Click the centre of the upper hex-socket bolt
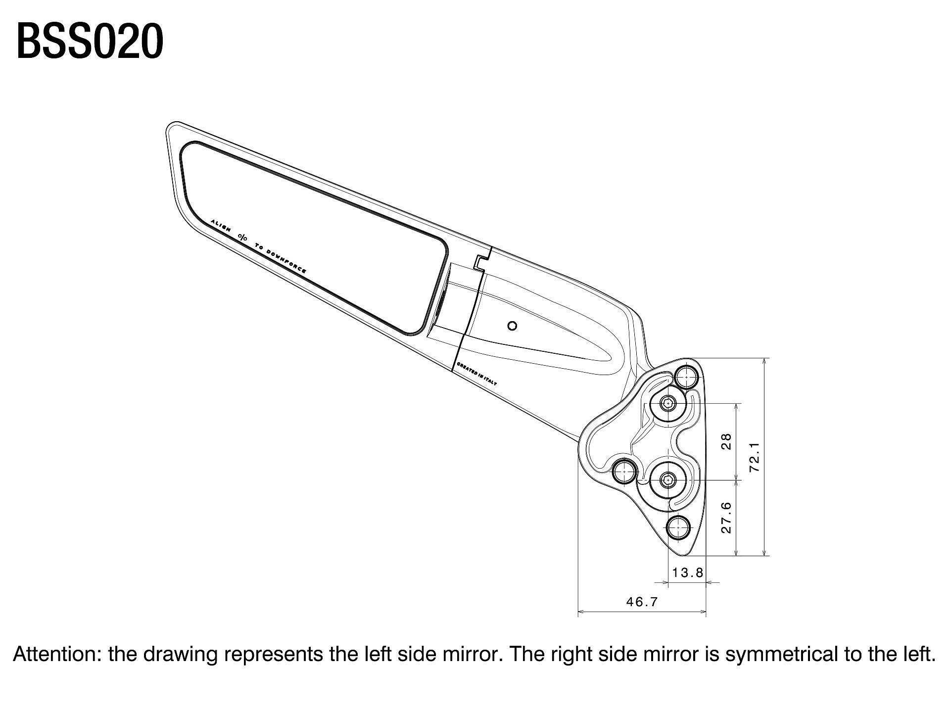point(668,404)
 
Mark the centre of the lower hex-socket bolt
point(668,479)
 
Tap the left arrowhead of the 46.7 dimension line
point(581,612)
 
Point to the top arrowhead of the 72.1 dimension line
point(764,362)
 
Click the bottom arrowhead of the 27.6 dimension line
point(737,552)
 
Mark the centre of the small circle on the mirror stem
point(513,326)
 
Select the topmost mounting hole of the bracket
point(686,378)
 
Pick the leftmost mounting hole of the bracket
point(625,471)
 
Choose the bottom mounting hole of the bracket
point(678,527)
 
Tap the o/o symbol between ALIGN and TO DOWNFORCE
point(242,237)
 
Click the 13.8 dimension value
point(688,573)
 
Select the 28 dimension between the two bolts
point(726,441)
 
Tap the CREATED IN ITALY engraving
point(477,374)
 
